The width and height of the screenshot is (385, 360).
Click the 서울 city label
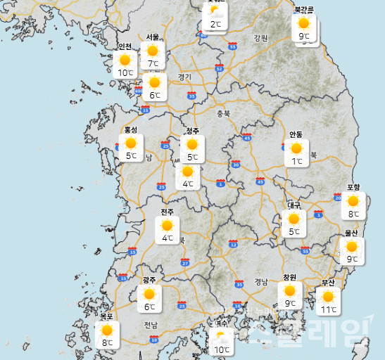coord(153,37)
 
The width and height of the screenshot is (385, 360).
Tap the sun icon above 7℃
coord(152,51)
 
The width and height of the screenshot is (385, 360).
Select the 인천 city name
coord(125,46)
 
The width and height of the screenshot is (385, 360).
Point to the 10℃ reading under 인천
coord(125,72)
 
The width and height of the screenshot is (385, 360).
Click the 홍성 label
coord(131,130)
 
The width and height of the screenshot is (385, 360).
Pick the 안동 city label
coord(296,134)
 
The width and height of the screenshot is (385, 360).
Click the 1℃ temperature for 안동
coord(296,162)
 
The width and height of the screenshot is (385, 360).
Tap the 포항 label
coord(353,187)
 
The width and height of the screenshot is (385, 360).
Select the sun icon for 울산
coord(351,246)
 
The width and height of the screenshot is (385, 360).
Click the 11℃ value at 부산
coord(328,309)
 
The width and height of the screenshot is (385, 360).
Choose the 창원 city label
coord(289,277)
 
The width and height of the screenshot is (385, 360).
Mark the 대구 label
coord(294,205)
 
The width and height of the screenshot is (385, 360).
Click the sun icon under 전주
coord(167,226)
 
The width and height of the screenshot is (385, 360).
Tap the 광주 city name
coord(149,280)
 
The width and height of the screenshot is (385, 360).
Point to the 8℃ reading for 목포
coord(107,343)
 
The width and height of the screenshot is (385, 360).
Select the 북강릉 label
coord(304,9)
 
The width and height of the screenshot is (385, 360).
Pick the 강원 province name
coord(261,38)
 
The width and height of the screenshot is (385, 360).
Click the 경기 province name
coord(184,77)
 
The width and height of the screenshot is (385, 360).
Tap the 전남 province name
coord(151,325)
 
